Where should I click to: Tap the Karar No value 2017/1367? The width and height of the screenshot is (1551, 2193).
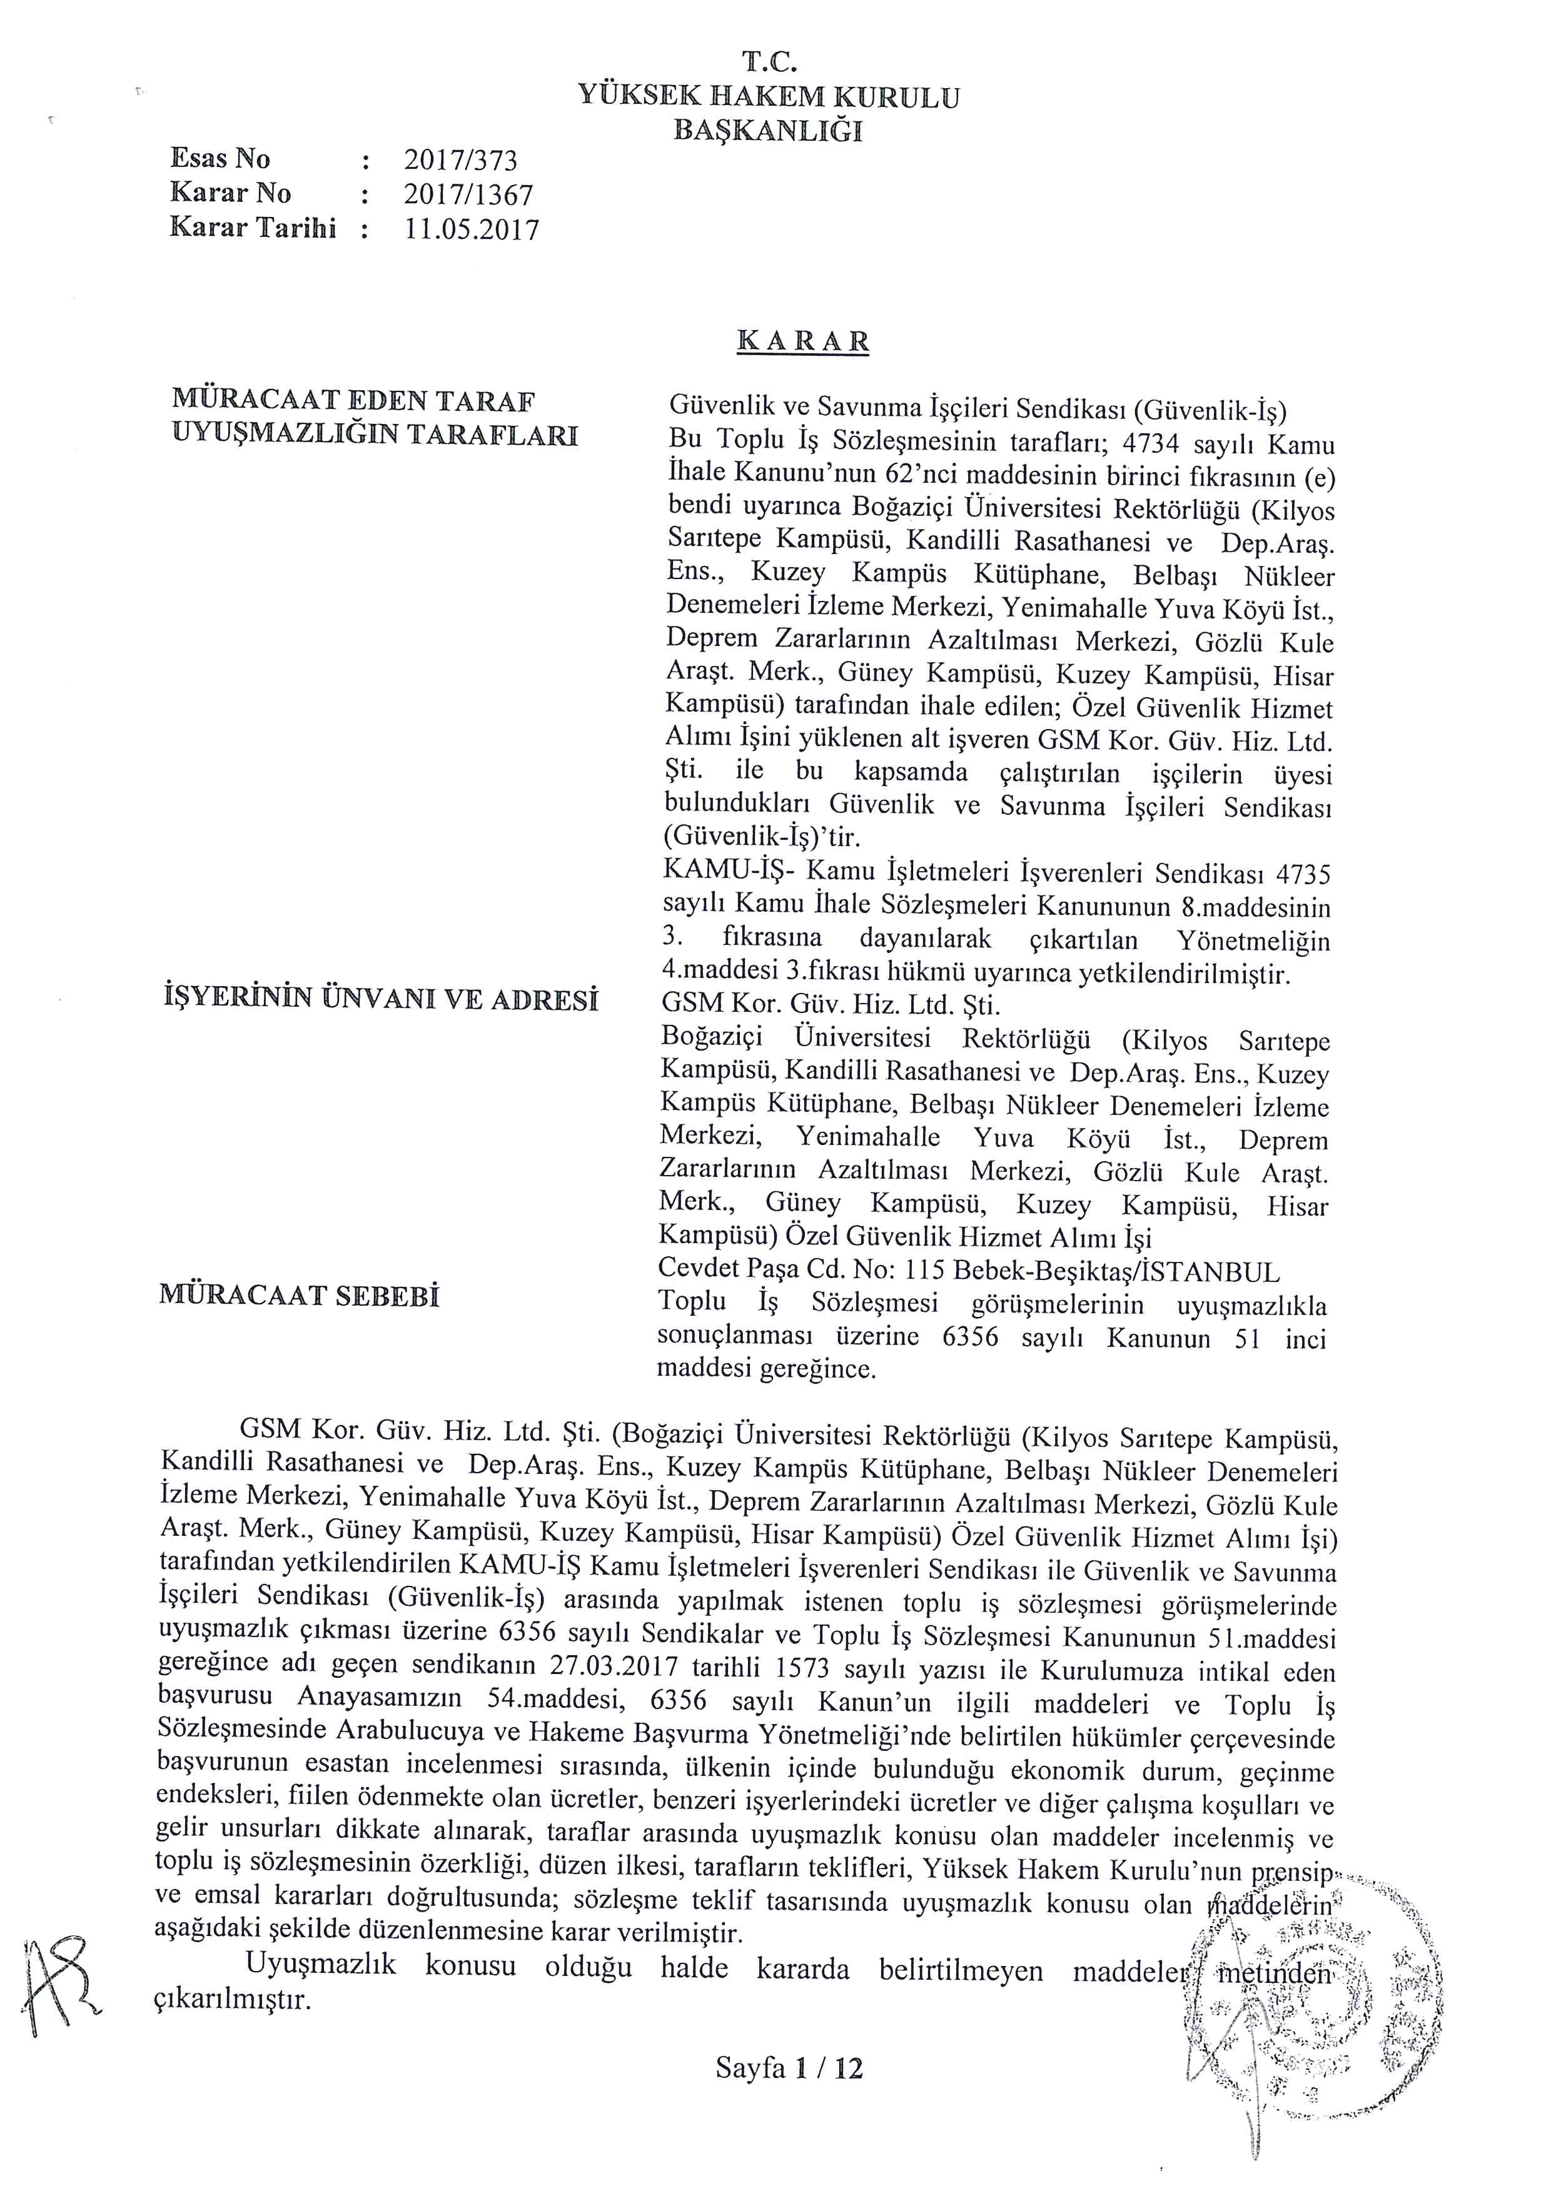[468, 195]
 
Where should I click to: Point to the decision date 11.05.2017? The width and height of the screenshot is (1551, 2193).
[472, 230]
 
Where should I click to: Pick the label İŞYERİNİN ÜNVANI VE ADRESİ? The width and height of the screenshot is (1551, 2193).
[381, 999]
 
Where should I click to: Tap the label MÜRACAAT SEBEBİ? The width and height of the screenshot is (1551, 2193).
[299, 1297]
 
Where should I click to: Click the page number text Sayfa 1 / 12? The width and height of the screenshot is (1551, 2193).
[789, 2069]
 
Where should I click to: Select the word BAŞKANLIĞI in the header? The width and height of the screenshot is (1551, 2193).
[768, 131]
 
